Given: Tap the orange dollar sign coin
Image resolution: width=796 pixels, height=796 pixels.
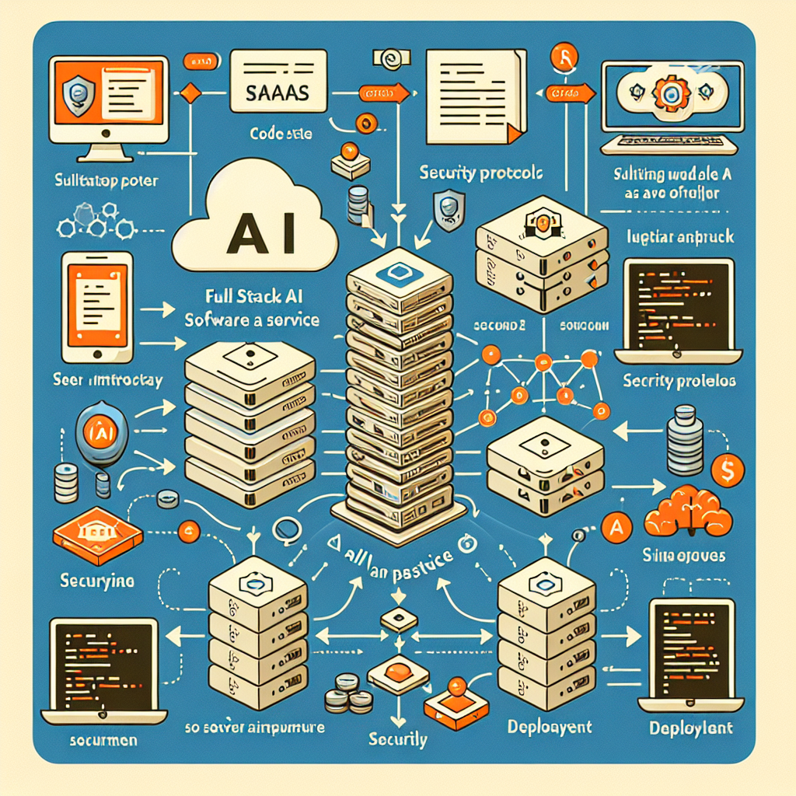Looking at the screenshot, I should tap(728, 469).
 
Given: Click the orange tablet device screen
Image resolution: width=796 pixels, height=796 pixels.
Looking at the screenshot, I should tap(96, 299).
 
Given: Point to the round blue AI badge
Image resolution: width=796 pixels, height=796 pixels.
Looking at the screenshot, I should tap(99, 428).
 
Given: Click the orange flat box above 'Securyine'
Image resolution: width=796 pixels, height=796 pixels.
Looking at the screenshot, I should tap(97, 536).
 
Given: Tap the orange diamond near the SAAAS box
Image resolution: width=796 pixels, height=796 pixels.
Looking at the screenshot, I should tap(190, 93).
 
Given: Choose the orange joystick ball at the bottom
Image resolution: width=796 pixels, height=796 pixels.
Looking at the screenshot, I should tap(455, 686).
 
